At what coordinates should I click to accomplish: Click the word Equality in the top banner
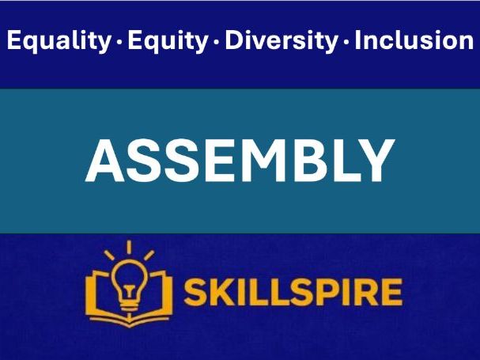(x=58, y=41)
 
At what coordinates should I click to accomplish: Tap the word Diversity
(x=282, y=41)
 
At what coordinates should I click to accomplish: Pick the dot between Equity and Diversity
(x=217, y=43)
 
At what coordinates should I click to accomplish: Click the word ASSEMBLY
(x=240, y=161)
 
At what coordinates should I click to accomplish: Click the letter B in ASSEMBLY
(x=307, y=161)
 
